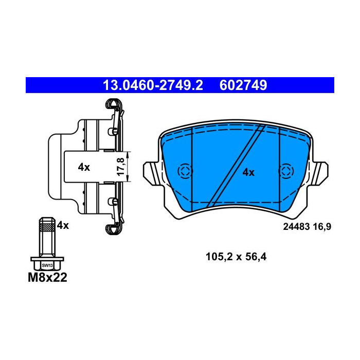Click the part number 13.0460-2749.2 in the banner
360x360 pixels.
(x=153, y=85)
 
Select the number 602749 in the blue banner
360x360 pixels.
(x=243, y=85)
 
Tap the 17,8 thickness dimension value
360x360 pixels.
(x=121, y=167)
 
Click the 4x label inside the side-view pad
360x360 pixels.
(x=84, y=167)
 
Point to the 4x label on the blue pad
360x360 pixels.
(x=248, y=172)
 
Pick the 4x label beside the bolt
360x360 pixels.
(x=63, y=225)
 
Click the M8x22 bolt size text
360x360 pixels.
(x=47, y=277)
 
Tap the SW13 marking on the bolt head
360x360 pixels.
(x=47, y=266)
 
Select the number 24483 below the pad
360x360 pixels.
(x=296, y=227)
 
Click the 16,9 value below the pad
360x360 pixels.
(x=322, y=227)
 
